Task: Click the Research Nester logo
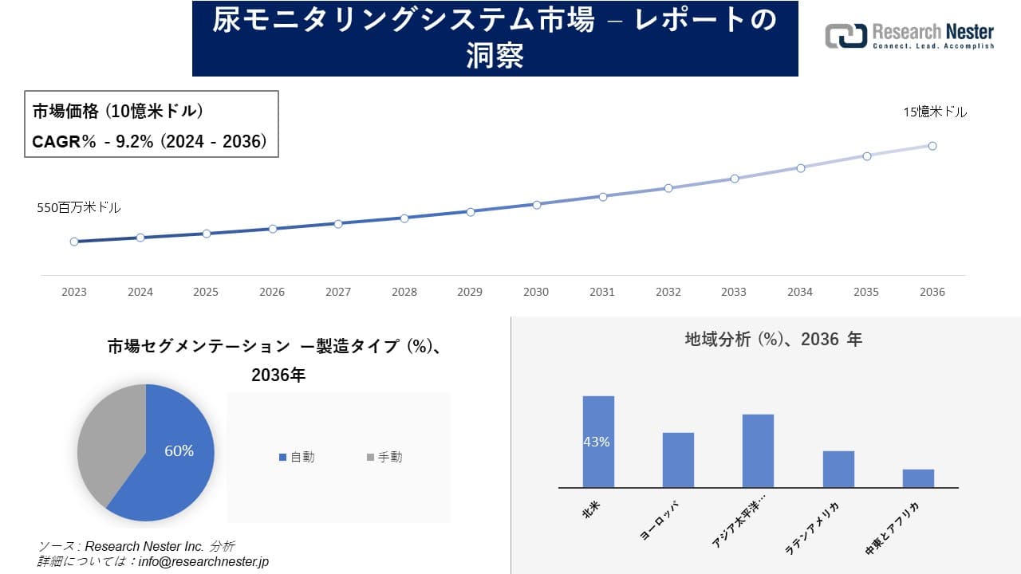[909, 37]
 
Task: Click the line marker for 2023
[74, 242]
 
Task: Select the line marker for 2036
[932, 146]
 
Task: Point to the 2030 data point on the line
[536, 205]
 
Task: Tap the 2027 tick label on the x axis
[338, 292]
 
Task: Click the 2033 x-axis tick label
[734, 292]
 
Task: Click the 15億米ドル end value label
[935, 112]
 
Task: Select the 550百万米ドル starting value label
[79, 207]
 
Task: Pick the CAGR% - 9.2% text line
[149, 142]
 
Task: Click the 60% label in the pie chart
[179, 451]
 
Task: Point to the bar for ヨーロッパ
[678, 460]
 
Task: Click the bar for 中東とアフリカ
[918, 478]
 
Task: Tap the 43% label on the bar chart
[597, 442]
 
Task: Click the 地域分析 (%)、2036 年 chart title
[773, 340]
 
